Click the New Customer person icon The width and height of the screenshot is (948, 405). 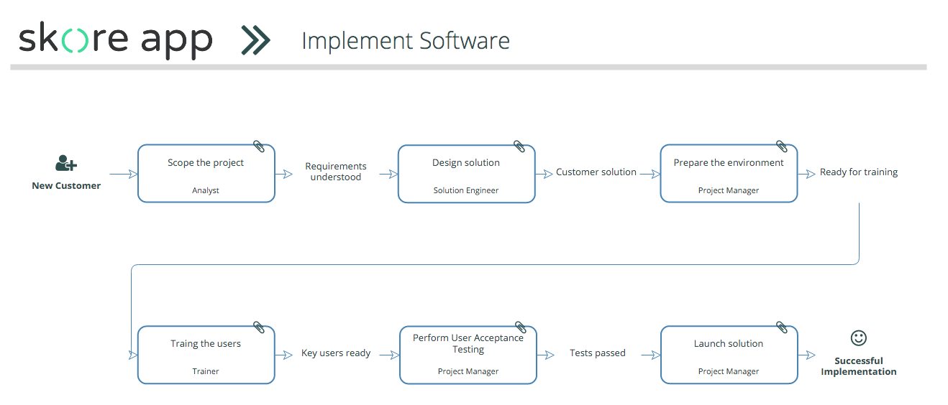click(x=66, y=164)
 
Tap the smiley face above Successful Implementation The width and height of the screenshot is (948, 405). click(x=858, y=337)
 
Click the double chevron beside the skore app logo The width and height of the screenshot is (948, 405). click(x=255, y=40)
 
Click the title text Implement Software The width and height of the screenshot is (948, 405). click(x=406, y=42)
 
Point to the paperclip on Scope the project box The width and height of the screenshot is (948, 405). click(x=259, y=146)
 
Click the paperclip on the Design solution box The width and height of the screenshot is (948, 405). click(x=519, y=146)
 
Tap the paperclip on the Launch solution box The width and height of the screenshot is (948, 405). click(x=782, y=327)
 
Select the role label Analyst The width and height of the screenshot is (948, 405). click(x=206, y=190)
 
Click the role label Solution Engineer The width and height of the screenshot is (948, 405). click(x=466, y=190)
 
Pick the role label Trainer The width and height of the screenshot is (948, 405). click(x=206, y=371)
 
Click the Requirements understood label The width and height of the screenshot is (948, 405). click(x=336, y=172)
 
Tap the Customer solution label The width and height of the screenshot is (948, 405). click(x=596, y=172)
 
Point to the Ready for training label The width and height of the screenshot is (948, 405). click(x=859, y=172)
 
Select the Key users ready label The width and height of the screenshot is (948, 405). click(x=336, y=353)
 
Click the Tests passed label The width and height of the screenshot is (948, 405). click(x=597, y=353)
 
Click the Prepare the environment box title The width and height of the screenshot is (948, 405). click(x=729, y=163)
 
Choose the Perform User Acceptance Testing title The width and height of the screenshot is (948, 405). click(x=468, y=343)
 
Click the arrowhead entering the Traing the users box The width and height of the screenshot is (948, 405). click(x=133, y=355)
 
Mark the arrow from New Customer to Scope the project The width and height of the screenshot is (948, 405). click(x=124, y=174)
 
